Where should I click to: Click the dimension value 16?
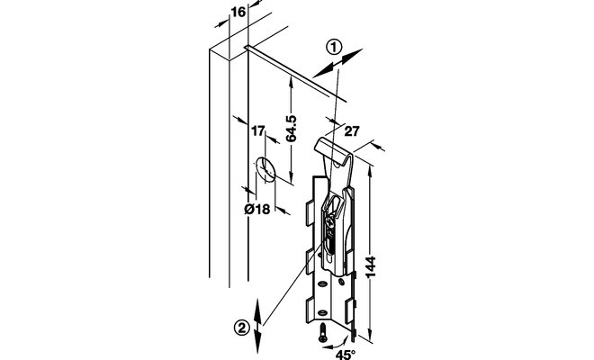pyautogui.click(x=238, y=12)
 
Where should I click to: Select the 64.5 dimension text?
pyautogui.click(x=291, y=129)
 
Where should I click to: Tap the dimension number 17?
pyautogui.click(x=257, y=131)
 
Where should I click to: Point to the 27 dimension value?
pyautogui.click(x=352, y=131)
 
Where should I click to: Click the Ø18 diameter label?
pyautogui.click(x=257, y=209)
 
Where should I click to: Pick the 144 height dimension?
pyautogui.click(x=370, y=266)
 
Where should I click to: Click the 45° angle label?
pyautogui.click(x=345, y=355)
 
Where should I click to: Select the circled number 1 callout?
pyautogui.click(x=334, y=48)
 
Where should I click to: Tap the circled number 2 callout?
pyautogui.click(x=242, y=327)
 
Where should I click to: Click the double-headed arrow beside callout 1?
pyautogui.click(x=337, y=63)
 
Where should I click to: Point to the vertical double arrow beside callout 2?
pyautogui.click(x=257, y=326)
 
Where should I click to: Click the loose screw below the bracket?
pyautogui.click(x=322, y=332)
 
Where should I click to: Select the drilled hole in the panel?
pyautogui.click(x=265, y=169)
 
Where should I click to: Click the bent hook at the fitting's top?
pyautogui.click(x=333, y=151)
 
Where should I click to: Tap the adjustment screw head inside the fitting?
pyautogui.click(x=329, y=220)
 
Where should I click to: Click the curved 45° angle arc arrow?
pyautogui.click(x=338, y=344)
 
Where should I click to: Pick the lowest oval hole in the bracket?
pyautogui.click(x=322, y=312)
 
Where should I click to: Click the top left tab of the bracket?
pyautogui.click(x=310, y=213)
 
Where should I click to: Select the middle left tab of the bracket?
pyautogui.click(x=310, y=261)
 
